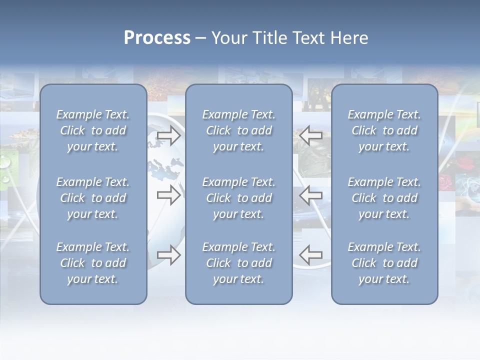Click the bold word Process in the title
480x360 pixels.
tap(157, 38)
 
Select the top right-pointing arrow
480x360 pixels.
tap(168, 135)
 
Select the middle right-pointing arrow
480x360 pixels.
tap(168, 195)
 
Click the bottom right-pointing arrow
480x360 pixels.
tap(168, 255)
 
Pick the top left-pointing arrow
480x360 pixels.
tap(311, 135)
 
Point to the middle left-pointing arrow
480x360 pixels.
tap(311, 195)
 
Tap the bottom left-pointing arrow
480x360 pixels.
tap(311, 255)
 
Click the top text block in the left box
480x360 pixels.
tap(93, 130)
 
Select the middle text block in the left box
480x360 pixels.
tap(93, 198)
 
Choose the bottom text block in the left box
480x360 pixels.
tap(93, 263)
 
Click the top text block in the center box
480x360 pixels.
tap(238, 130)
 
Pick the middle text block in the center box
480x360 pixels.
tap(238, 198)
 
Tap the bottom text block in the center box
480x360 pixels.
tap(238, 263)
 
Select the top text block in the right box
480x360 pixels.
tap(384, 130)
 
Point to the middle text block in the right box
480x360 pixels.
tap(384, 198)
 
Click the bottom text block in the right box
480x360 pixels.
tap(384, 263)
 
